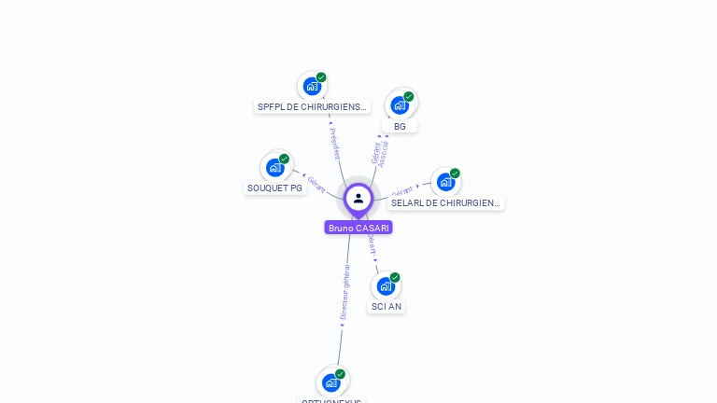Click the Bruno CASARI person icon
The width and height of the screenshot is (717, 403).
tap(358, 198)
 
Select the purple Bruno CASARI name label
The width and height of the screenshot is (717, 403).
tap(358, 228)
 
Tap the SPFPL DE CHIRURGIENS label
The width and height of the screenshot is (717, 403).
tap(312, 107)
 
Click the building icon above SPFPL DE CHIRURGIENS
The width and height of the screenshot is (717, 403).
tap(311, 86)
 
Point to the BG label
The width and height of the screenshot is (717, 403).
tap(400, 126)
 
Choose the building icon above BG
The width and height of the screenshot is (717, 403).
tap(400, 104)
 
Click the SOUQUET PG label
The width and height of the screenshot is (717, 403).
tap(274, 188)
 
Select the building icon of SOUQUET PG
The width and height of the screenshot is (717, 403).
tap(274, 167)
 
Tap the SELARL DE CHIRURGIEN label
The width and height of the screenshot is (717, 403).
tap(445, 202)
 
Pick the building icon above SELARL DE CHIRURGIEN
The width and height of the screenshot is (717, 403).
tap(445, 182)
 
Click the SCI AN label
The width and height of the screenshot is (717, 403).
tap(387, 306)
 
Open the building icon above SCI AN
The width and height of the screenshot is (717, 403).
tap(386, 285)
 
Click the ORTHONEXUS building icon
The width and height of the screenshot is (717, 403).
tap(330, 382)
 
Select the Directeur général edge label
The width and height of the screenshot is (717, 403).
tap(344, 292)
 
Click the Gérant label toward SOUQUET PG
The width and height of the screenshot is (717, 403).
tap(316, 184)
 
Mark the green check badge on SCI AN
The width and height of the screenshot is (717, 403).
tap(395, 277)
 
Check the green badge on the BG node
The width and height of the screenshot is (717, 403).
tap(409, 96)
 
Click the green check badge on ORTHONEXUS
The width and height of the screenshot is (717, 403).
tap(340, 374)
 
